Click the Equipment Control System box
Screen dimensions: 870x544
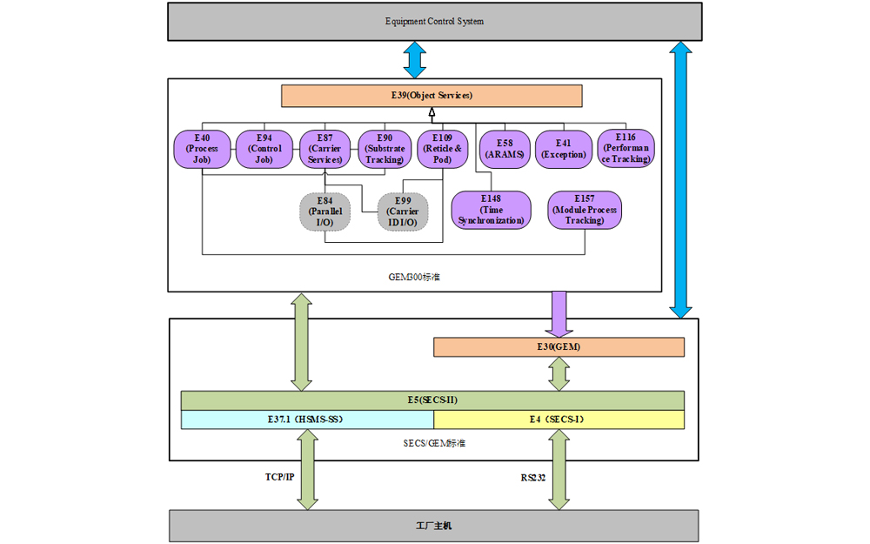[434, 22]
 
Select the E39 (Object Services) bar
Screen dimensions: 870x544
[432, 96]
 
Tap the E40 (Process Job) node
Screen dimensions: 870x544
[202, 149]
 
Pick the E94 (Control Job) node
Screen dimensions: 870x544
[264, 149]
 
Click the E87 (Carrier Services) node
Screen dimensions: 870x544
[325, 149]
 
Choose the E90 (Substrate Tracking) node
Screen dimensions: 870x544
[385, 149]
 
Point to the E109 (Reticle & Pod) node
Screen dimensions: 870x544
[442, 149]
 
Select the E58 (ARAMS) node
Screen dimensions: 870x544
[505, 150]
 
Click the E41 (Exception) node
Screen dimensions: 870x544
[564, 150]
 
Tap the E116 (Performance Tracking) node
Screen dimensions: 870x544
[626, 148]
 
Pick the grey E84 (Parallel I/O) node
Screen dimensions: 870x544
[325, 212]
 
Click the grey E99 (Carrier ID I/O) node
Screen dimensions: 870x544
[403, 212]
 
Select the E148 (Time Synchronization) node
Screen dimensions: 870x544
[491, 210]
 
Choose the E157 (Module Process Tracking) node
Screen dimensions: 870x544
[585, 210]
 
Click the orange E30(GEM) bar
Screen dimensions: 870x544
[559, 347]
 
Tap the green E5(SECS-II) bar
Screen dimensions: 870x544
[432, 400]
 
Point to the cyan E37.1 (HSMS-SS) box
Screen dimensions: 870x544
[307, 420]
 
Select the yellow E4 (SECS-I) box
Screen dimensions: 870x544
[559, 420]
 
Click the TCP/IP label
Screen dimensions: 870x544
[279, 477]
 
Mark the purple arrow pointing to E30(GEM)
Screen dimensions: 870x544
[559, 314]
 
